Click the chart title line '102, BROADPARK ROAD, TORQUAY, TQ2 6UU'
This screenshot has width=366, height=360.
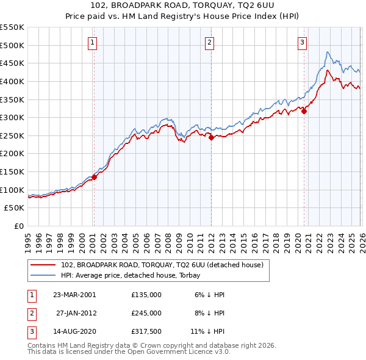(x=183, y=6)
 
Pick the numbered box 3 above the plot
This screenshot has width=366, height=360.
(x=302, y=42)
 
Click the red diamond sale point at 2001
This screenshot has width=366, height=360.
(x=95, y=178)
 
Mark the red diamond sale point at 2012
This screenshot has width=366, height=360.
(x=211, y=138)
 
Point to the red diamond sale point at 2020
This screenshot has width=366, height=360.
(x=304, y=111)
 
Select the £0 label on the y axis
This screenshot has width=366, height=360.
(x=18, y=226)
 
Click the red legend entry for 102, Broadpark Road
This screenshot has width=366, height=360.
(x=162, y=265)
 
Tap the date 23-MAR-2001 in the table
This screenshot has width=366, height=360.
(x=74, y=294)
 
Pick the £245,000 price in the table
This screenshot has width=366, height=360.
(x=146, y=312)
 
